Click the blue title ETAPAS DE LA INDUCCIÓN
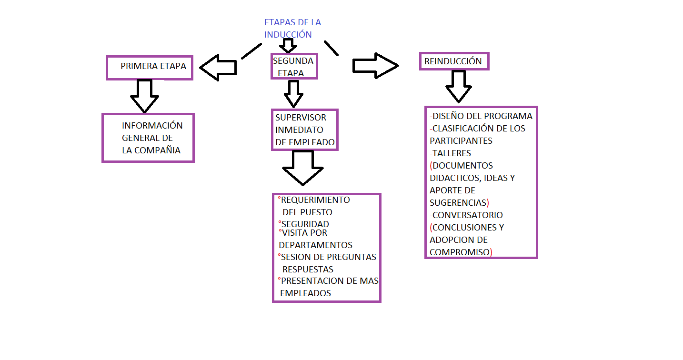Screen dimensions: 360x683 [x=292, y=29]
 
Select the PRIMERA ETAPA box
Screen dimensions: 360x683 [x=149, y=67]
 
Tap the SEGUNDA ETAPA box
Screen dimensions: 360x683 [x=293, y=67]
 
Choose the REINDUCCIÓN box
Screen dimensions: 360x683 [x=453, y=61]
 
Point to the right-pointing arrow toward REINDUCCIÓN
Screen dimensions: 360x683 [x=375, y=64]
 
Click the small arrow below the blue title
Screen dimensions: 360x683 [x=288, y=46]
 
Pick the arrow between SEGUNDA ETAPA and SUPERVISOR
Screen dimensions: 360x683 [x=293, y=93]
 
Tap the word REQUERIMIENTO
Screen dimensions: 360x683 [x=315, y=200]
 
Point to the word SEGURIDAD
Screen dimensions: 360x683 [x=305, y=224]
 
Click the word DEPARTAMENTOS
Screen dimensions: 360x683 [x=315, y=245]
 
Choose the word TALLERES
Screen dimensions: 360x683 [x=452, y=153]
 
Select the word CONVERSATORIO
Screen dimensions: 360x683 [x=467, y=215]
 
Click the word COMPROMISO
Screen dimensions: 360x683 [x=460, y=252]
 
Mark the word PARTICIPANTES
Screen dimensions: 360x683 [x=461, y=141]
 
